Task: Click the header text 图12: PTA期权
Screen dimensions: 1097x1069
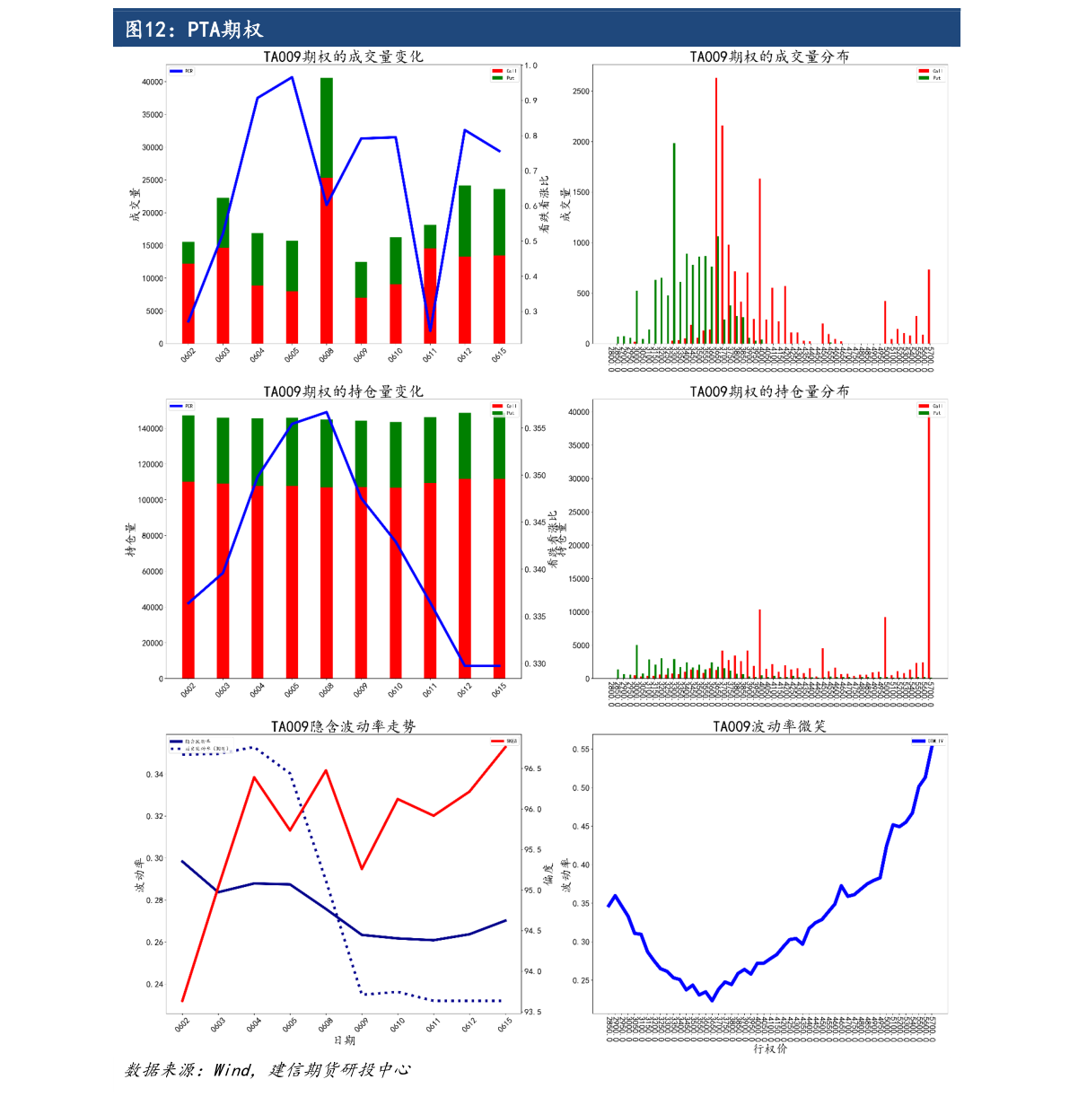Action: [x=194, y=30]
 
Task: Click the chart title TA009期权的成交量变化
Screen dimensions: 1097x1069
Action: [x=343, y=57]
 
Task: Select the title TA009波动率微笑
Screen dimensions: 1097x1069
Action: [x=769, y=726]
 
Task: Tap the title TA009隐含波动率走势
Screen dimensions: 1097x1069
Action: [x=343, y=726]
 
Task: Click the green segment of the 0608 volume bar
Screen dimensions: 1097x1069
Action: [x=327, y=127]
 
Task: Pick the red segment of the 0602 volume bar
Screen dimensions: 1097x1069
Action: [x=188, y=303]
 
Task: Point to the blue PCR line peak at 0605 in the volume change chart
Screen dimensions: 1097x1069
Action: [x=292, y=77]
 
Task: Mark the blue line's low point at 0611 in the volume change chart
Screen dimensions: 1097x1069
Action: [x=431, y=330]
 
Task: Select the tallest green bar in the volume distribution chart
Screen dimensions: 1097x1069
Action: [x=674, y=242]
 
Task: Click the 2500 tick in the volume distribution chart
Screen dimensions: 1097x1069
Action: [x=581, y=92]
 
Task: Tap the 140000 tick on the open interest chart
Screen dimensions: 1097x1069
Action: [x=150, y=429]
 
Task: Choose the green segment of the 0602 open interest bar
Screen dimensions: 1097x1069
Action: [x=188, y=448]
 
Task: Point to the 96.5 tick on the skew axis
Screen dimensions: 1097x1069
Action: [x=532, y=769]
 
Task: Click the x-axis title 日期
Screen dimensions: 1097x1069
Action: [x=345, y=1040]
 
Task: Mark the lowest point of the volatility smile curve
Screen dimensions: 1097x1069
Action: [x=712, y=1000]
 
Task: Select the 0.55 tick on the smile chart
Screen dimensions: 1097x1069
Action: [x=581, y=750]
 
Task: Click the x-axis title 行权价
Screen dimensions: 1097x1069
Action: [x=769, y=1049]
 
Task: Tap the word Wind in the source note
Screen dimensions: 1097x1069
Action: [x=232, y=1070]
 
